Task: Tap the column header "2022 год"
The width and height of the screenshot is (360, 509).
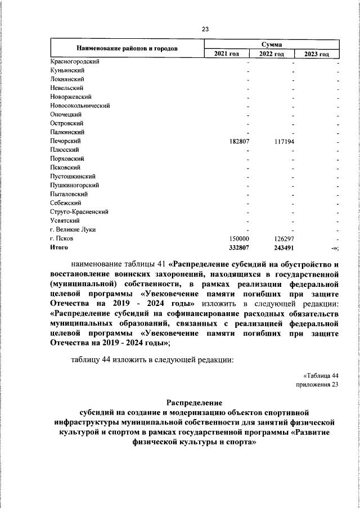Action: tap(272, 53)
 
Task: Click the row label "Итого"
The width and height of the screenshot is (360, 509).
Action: tap(59, 247)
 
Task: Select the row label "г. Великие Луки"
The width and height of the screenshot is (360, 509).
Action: tap(73, 229)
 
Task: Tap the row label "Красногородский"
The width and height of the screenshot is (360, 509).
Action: tap(75, 61)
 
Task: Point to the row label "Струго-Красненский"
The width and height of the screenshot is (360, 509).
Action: tap(79, 212)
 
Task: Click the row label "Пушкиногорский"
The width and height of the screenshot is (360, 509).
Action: tap(75, 185)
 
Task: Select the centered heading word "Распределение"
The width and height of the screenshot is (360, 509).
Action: tap(195, 403)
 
